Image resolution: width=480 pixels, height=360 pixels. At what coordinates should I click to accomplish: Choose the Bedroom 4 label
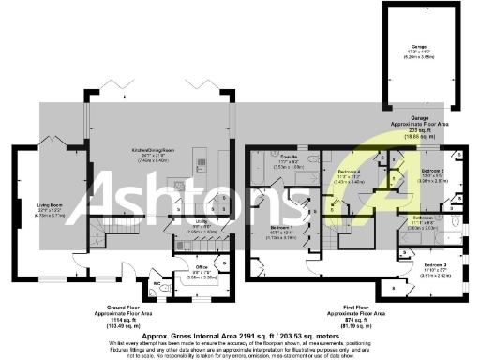coord(349,172)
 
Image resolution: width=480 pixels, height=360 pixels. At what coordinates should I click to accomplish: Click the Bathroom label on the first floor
coord(422,217)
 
